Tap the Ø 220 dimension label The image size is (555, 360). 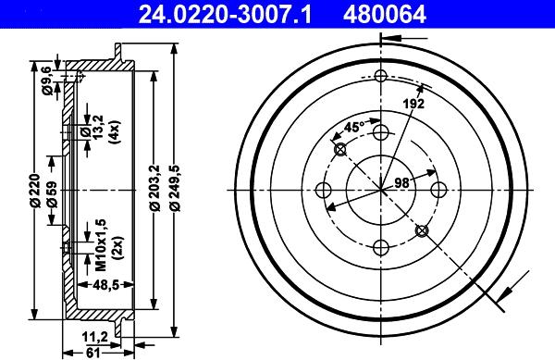point(34,190)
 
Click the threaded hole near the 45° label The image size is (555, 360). point(339,150)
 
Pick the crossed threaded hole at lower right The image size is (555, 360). point(422,230)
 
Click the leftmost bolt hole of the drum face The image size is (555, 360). point(324,191)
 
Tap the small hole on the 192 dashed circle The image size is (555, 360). point(380,78)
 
